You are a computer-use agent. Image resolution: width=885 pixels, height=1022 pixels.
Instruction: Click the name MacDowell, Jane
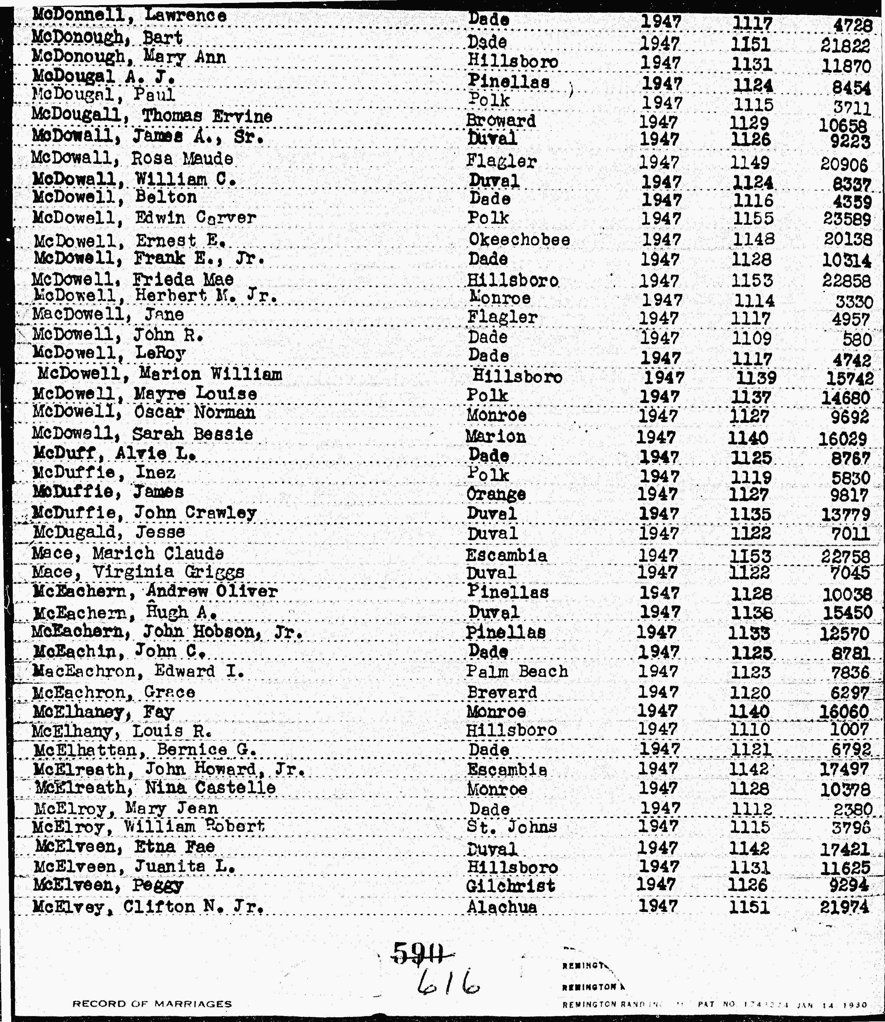click(108, 315)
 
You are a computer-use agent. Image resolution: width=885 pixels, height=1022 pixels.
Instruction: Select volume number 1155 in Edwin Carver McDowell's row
click(752, 219)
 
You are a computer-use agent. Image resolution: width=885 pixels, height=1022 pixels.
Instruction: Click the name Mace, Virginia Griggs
click(138, 572)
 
